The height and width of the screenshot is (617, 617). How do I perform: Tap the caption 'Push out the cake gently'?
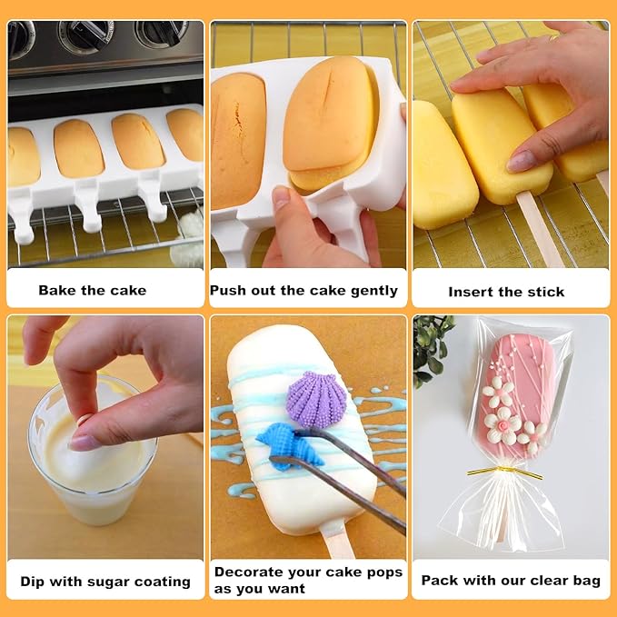pos(304,291)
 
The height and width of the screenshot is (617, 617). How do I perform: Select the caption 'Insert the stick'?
pos(506,292)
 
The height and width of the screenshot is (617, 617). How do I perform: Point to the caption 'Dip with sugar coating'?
pos(105,581)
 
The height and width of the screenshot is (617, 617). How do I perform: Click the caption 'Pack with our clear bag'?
pos(511,580)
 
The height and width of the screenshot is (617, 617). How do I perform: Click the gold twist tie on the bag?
pos(503,472)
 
